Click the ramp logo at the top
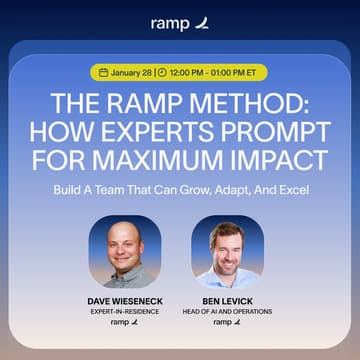[179, 22]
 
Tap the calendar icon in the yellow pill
[101, 72]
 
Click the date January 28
[129, 72]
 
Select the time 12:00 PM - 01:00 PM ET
[213, 72]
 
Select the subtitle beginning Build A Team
[180, 187]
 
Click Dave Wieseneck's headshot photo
[124, 251]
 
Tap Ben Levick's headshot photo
[228, 251]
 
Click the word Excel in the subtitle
[274, 187]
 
